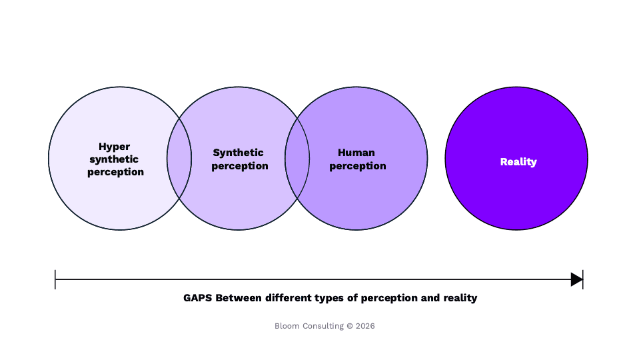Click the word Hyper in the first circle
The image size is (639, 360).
(x=114, y=147)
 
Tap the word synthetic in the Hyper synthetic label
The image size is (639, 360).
(x=114, y=159)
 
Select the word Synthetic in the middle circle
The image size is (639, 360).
(x=238, y=153)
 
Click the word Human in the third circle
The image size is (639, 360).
(x=356, y=153)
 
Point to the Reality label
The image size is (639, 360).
(x=518, y=162)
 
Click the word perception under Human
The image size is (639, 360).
(x=358, y=167)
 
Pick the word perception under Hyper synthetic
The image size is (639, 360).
(x=115, y=173)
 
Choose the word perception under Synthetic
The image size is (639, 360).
(x=240, y=167)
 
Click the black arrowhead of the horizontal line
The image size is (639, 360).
(x=576, y=280)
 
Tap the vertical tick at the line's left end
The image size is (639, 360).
(x=55, y=280)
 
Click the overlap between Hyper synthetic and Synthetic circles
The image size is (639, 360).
(x=179, y=158)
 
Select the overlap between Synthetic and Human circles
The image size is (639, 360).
(x=297, y=158)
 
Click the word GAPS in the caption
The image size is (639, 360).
(x=198, y=298)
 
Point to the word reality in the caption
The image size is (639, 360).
(x=460, y=299)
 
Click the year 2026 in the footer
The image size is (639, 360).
(x=365, y=326)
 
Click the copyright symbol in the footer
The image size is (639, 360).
(x=350, y=326)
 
